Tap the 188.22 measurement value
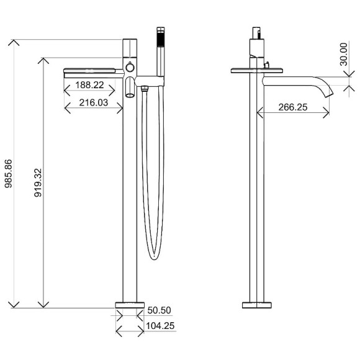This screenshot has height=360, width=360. pyautogui.click(x=94, y=84)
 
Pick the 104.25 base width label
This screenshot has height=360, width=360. pyautogui.click(x=160, y=325)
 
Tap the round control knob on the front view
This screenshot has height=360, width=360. pyautogui.click(x=130, y=67)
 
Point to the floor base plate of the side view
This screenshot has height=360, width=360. pyautogui.click(x=256, y=304)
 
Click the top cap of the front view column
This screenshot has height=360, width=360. pyautogui.click(x=130, y=47)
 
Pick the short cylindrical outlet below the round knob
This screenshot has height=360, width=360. pyautogui.click(x=130, y=88)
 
